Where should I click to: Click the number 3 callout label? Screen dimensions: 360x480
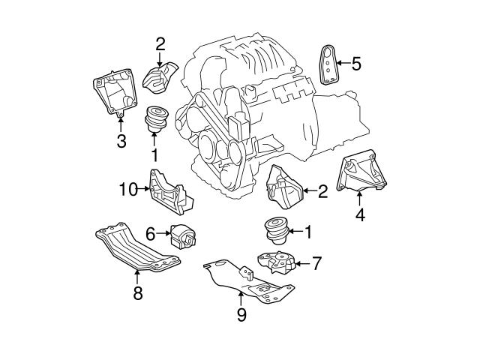tap(121, 140)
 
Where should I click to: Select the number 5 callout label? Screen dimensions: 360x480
tap(355, 64)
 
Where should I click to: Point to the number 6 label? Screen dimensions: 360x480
tap(150, 234)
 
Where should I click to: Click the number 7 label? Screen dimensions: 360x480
tap(316, 263)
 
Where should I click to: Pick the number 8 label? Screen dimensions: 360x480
tap(137, 293)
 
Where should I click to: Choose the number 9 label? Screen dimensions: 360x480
tap(241, 316)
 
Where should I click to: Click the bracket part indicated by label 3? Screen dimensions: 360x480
tap(112, 93)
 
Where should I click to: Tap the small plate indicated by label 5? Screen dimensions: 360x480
tap(328, 64)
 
